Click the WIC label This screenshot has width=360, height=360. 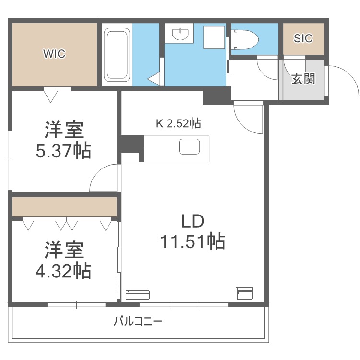(54, 54)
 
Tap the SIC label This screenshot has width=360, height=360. (303, 38)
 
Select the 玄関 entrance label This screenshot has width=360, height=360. (303, 79)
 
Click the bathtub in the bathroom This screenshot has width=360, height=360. (117, 54)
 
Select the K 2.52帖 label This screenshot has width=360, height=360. (178, 123)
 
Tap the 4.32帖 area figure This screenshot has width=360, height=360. (64, 271)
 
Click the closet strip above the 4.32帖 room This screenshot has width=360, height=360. (64, 207)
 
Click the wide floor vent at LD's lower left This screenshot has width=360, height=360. (138, 294)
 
